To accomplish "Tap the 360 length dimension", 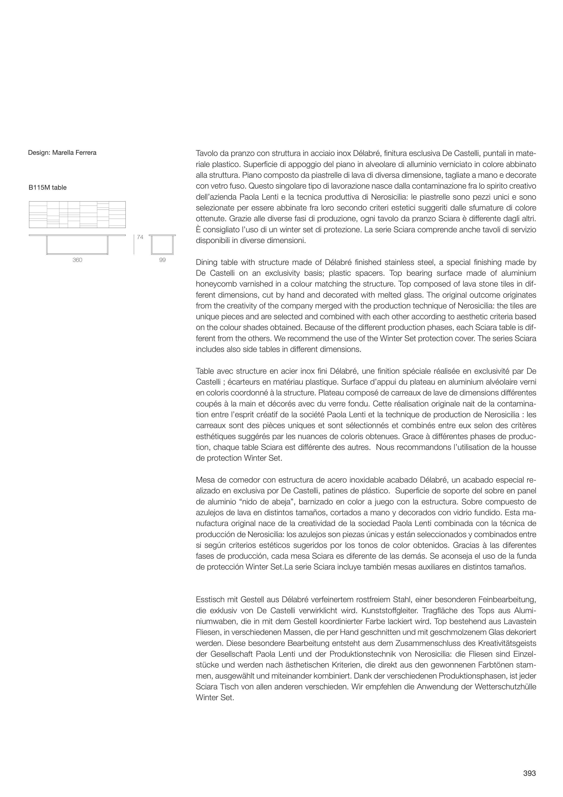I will tap(77, 260).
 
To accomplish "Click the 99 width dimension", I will tap(162, 260).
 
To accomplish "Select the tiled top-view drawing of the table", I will tap(77, 214).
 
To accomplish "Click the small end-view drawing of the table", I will tap(162, 244).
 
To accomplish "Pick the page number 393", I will tap(530, 773).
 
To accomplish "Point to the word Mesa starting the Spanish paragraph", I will tap(205, 480).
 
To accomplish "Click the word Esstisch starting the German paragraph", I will tap(209, 599).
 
